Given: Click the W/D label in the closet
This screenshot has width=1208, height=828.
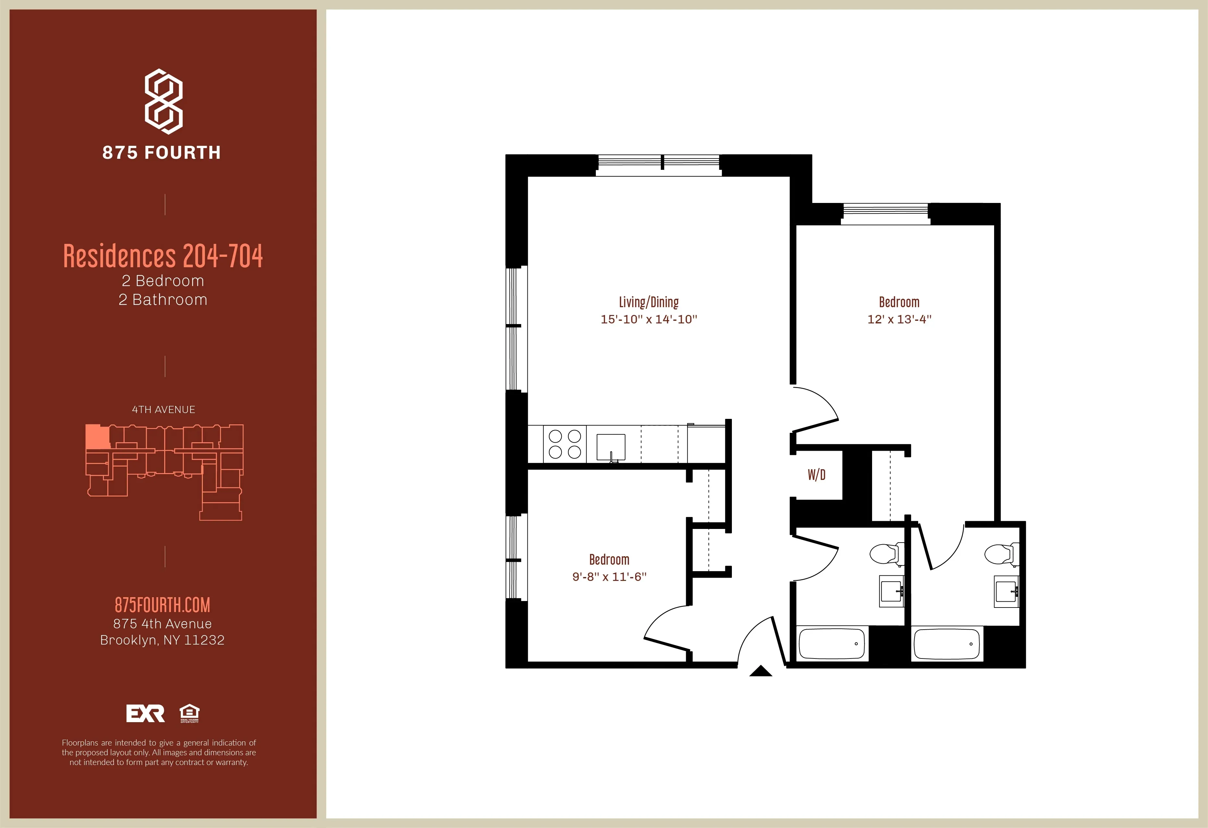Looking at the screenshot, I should click(x=816, y=474).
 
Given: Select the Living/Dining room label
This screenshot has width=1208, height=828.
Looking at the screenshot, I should click(x=649, y=302).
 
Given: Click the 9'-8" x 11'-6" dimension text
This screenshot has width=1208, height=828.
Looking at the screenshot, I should click(x=609, y=577).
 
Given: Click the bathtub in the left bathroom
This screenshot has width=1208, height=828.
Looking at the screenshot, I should click(x=832, y=644).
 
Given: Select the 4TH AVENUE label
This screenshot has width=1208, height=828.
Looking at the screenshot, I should click(x=163, y=410).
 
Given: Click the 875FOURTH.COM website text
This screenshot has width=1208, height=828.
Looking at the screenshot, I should click(x=162, y=605).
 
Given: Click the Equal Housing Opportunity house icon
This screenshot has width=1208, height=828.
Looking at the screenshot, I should click(x=189, y=712).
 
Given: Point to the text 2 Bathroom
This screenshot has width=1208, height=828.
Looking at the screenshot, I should click(x=163, y=300).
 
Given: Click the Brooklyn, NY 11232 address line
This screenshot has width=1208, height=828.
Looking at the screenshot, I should click(x=162, y=640).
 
